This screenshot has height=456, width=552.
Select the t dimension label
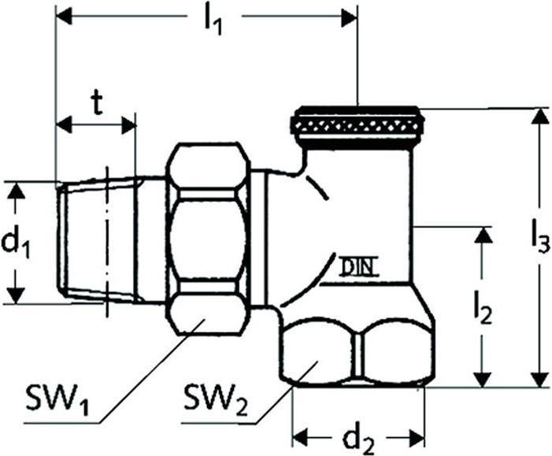coord(95,103)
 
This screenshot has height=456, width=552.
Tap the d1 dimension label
coord(17,243)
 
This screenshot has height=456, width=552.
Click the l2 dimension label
coord(483,308)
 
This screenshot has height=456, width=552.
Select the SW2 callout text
coord(216,399)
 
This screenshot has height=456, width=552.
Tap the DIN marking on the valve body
coord(358,267)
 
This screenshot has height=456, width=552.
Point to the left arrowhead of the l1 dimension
coord(65,17)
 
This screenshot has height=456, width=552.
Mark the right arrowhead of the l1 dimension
coord(349,17)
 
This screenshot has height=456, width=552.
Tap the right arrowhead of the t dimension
coord(128,125)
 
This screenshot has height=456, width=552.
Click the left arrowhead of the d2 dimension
coord(300,438)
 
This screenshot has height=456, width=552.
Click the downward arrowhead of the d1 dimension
coord(16,295)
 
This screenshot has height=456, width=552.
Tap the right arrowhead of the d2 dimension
coord(416,438)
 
